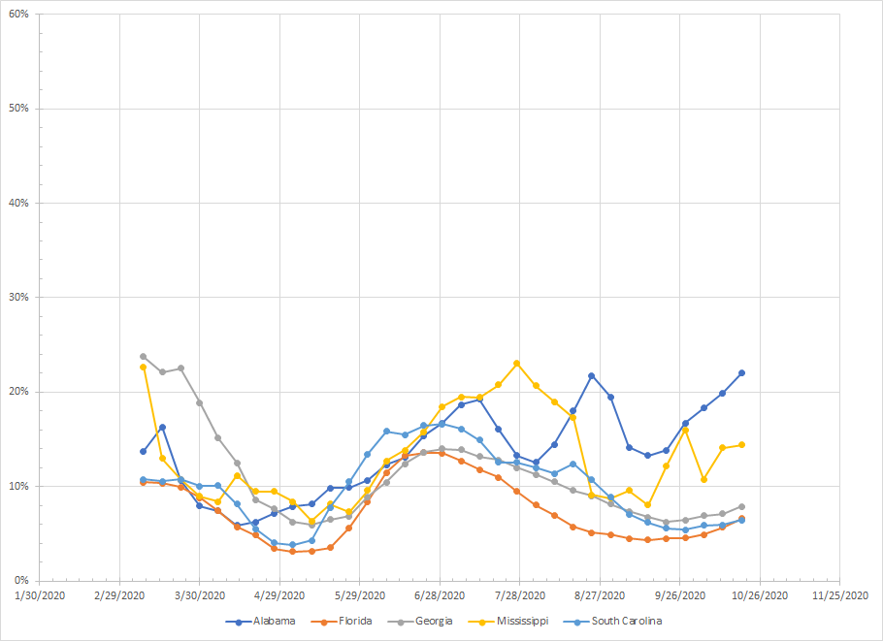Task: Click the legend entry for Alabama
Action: [x=268, y=621]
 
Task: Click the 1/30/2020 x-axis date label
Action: [x=40, y=595]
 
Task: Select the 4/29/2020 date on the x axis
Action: [x=279, y=595]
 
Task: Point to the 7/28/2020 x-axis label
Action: [x=519, y=595]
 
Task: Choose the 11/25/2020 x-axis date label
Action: [x=839, y=595]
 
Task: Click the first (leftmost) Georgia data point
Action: [x=144, y=357]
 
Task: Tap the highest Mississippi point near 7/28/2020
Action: [x=516, y=364]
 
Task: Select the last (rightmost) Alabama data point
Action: [x=741, y=372]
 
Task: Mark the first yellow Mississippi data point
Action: [x=144, y=367]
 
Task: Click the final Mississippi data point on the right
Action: [x=741, y=445]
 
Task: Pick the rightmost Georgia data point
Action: [x=741, y=506]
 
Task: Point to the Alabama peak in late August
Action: [x=591, y=375]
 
